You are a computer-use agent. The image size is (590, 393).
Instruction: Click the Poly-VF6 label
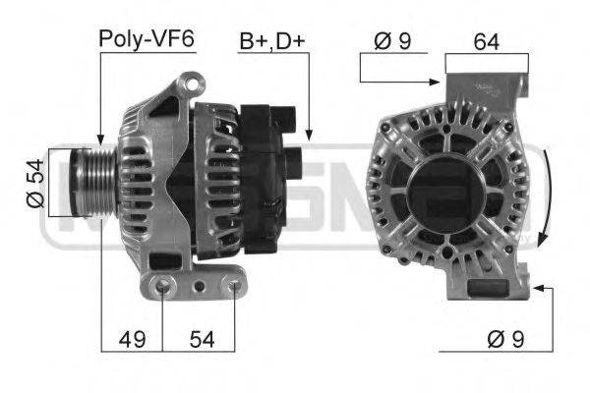147,39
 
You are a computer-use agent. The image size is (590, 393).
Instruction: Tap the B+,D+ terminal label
271,42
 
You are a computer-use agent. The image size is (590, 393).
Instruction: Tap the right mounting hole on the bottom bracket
234,287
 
